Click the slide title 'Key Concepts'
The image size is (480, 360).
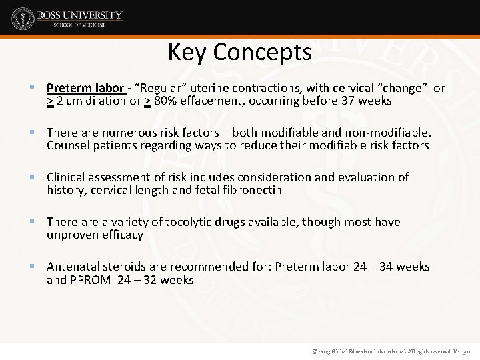239,51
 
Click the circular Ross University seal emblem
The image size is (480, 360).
23,18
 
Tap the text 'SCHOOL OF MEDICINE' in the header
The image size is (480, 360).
79,25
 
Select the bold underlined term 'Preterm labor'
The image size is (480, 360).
85,88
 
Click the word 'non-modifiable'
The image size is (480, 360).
391,133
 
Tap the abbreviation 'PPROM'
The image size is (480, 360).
90,279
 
